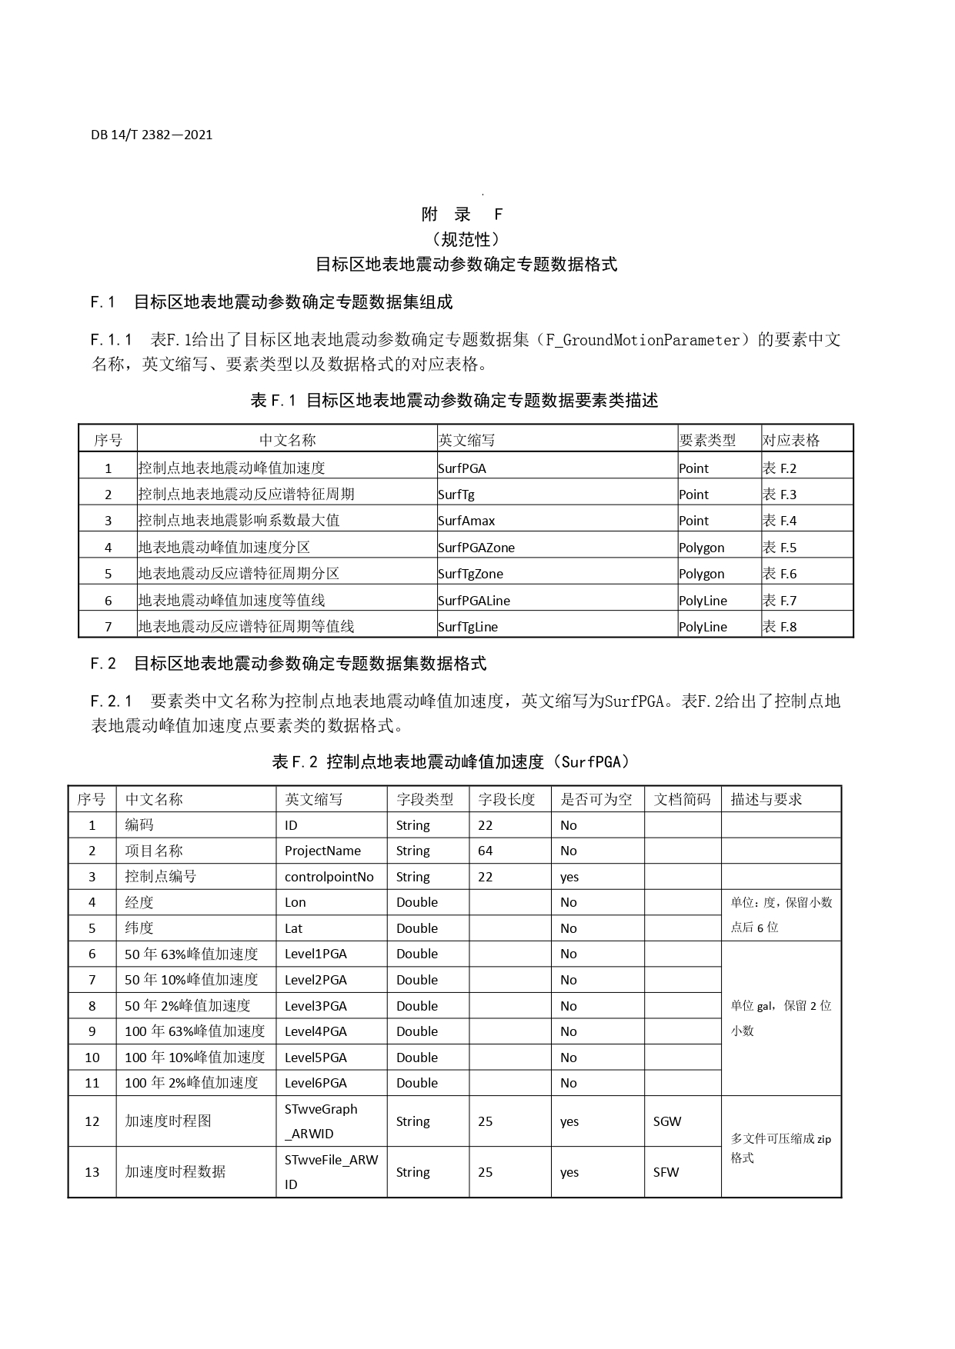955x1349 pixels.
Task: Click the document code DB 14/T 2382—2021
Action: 152,135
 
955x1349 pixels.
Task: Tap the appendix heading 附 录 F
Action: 462,215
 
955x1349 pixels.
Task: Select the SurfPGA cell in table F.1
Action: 462,468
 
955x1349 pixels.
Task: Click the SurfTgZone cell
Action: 470,573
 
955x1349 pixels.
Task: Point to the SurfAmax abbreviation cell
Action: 466,521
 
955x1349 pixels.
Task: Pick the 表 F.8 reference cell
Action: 780,627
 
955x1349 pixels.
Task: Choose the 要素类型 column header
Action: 707,440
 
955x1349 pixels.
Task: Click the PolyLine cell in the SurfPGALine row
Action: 703,601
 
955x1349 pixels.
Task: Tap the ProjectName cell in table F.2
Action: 322,851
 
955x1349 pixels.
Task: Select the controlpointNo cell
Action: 329,877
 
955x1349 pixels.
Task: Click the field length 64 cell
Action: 485,851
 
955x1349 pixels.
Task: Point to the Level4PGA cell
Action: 316,1031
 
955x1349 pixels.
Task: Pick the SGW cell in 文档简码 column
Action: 667,1121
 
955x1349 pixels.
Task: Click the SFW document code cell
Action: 666,1172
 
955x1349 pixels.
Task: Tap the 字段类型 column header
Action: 425,799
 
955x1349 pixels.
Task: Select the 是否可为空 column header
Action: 596,799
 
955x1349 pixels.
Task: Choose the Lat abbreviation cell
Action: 293,928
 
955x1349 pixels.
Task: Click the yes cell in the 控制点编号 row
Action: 569,877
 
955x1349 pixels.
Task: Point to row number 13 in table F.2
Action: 92,1172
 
